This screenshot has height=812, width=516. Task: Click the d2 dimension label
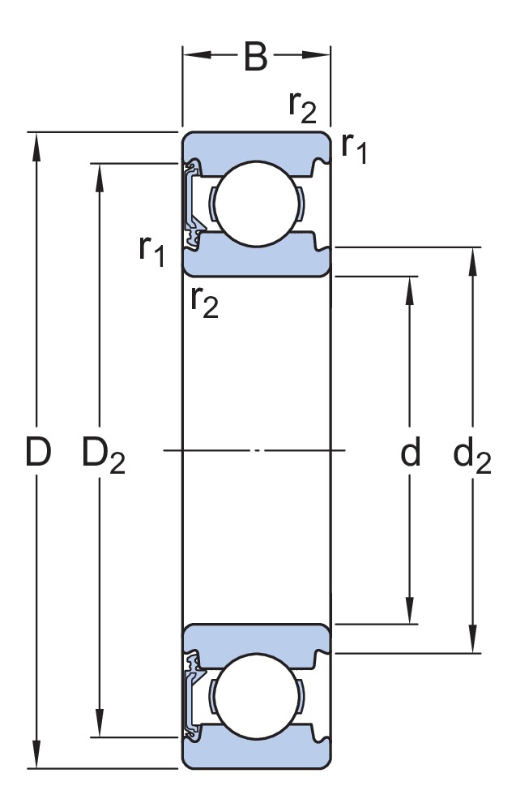(471, 457)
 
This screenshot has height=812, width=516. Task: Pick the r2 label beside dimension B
(302, 106)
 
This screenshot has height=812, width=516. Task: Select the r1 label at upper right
(354, 147)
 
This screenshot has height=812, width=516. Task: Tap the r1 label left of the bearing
(151, 251)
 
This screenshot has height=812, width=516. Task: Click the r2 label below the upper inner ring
(204, 302)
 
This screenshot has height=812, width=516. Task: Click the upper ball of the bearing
(255, 204)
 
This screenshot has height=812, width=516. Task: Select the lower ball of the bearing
(255, 695)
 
